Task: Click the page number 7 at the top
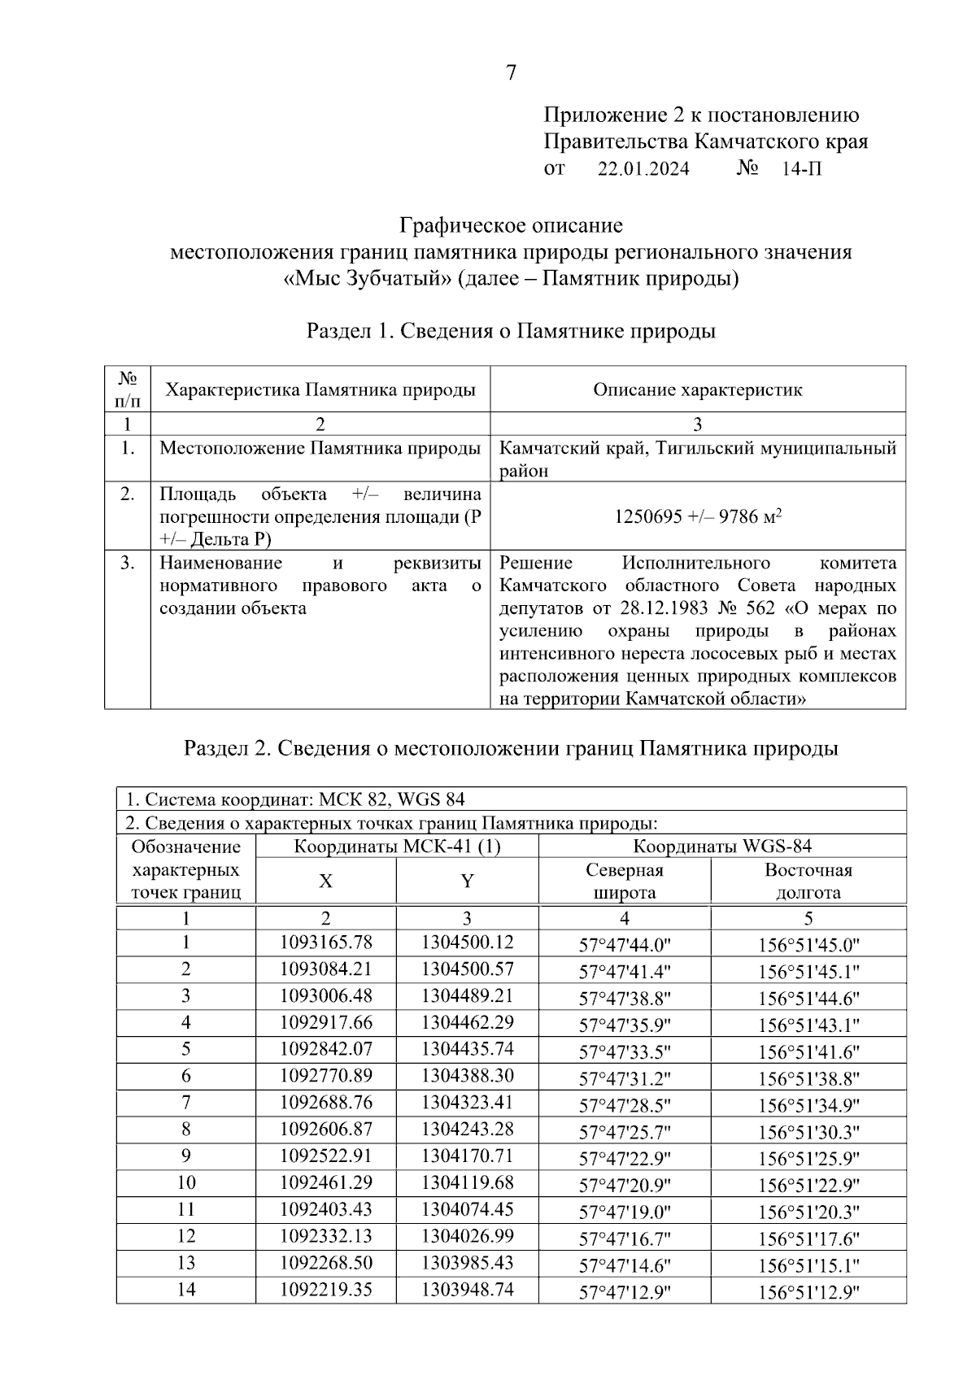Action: click(x=511, y=73)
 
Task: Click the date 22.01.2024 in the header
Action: click(x=643, y=169)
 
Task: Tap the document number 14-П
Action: click(x=802, y=169)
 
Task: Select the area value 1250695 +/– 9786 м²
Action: click(x=698, y=516)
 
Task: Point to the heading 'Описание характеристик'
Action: click(x=698, y=390)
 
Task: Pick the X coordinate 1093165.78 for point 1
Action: click(x=325, y=942)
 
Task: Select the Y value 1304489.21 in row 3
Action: click(x=467, y=995)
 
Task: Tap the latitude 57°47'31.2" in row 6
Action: click(x=625, y=1078)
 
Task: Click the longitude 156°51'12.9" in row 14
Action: click(x=808, y=1292)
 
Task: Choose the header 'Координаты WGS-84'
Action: click(x=722, y=847)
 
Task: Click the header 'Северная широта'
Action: click(x=625, y=881)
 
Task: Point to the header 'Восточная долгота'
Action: click(x=808, y=881)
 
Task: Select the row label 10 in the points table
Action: click(x=186, y=1182)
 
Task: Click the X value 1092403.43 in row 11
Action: click(x=325, y=1209)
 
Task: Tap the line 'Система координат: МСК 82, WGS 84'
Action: click(x=295, y=799)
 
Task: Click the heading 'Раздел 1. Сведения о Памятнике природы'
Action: click(x=511, y=332)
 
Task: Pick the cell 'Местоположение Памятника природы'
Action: click(x=320, y=448)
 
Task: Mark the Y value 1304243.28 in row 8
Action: click(x=467, y=1129)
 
